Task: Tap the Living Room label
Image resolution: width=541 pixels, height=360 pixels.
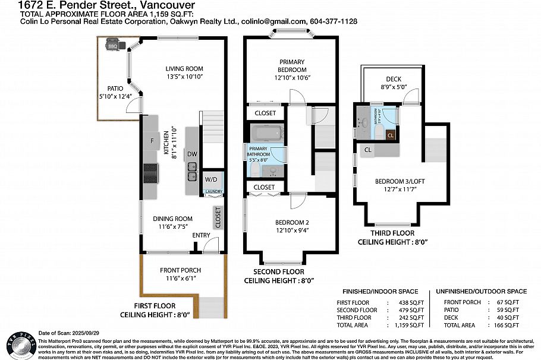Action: pyautogui.click(x=184, y=68)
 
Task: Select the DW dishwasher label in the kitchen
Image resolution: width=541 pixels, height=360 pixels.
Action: pyautogui.click(x=192, y=154)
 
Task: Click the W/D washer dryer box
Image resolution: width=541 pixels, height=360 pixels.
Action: pyautogui.click(x=211, y=179)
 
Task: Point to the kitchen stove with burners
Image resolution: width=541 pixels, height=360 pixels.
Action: pyautogui.click(x=150, y=173)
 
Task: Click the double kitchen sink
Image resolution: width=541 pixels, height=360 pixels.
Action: pyautogui.click(x=193, y=172)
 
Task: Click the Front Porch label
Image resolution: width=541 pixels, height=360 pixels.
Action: pyautogui.click(x=180, y=270)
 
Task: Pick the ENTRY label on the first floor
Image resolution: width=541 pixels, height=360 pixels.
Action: pyautogui.click(x=202, y=236)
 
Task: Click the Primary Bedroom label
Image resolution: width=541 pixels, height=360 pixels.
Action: pyautogui.click(x=292, y=62)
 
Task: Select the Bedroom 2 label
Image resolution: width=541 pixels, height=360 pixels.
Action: pyautogui.click(x=292, y=223)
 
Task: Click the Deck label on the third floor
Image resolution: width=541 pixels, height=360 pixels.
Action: pyautogui.click(x=393, y=79)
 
